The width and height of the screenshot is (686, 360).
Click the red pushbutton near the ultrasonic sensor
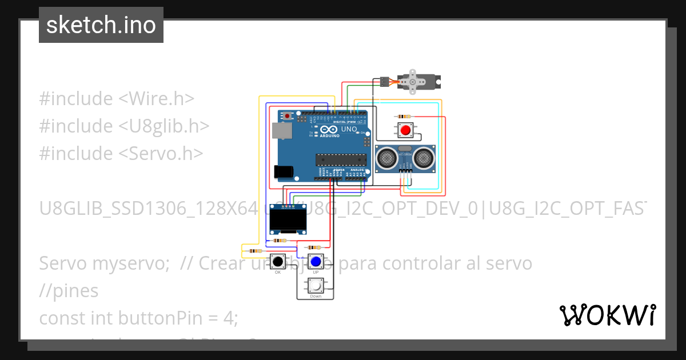tap(405, 130)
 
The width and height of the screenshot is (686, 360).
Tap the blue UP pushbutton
tap(315, 262)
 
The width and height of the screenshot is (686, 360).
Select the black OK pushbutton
tap(278, 262)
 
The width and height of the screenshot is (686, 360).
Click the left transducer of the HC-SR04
tap(387, 157)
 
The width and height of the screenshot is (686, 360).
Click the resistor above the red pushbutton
tap(405, 116)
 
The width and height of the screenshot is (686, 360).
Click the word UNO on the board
tap(349, 130)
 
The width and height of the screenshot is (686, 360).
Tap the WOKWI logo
tap(607, 315)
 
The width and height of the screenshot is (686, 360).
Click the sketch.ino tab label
tap(101, 25)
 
